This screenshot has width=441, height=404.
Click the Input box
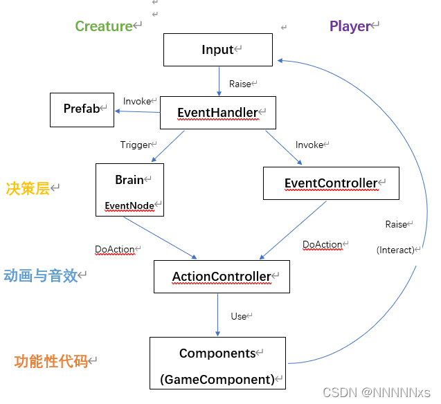pos(219,50)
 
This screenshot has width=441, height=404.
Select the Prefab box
pos(82,109)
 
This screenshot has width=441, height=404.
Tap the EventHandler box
pos(218,112)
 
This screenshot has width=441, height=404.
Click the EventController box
pos(331,183)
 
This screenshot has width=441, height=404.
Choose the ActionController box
pos(222,277)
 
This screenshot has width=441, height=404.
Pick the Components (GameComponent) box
pos(217,363)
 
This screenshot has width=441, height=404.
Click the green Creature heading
pos(104,26)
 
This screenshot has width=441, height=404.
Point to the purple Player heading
pos(350,26)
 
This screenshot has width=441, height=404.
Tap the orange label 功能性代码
pos(51,361)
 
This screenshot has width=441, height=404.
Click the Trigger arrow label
pos(136,145)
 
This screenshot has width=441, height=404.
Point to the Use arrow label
pos(239,316)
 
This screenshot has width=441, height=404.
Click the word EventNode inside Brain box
pos(129,205)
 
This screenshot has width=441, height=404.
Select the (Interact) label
pos(395,250)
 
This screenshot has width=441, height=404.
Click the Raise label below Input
pos(240,84)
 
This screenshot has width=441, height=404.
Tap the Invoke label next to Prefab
pos(137,102)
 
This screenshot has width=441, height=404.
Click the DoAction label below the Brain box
pos(114,249)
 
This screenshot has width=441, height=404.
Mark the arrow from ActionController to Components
pos(218,315)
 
